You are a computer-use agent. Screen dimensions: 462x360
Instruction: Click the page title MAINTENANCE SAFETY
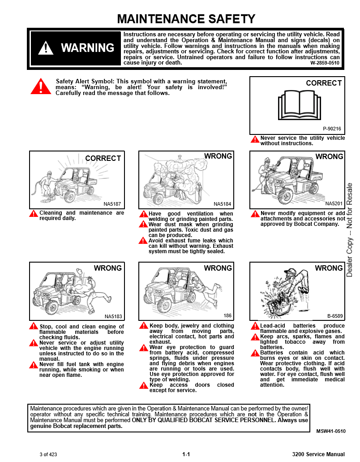pos(186,19)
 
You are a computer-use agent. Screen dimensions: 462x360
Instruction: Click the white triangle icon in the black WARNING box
pos(46,48)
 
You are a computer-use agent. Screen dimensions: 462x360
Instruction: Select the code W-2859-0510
pos(325,63)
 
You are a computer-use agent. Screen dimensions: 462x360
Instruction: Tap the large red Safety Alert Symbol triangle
pos(41,86)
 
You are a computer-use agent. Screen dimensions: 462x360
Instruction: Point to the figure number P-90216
pos(332,129)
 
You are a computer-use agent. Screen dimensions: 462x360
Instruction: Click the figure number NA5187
pos(112,204)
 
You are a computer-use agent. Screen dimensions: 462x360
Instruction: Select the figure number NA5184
pos(223,204)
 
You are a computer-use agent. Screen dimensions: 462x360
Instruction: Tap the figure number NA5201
pos(334,204)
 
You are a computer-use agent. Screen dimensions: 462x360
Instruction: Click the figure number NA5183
pos(113,316)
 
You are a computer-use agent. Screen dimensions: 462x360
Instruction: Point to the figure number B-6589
pos(334,316)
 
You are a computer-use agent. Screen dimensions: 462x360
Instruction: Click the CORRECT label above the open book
pos(324,83)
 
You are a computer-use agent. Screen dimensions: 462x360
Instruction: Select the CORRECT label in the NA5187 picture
pos(103,158)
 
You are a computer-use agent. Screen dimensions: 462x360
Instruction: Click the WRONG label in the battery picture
pos(329,268)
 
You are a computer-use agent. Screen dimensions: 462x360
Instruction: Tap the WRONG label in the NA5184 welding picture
pos(218,156)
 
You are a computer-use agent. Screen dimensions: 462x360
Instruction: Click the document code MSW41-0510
pos(331,431)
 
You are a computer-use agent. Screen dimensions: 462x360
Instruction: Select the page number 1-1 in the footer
pos(186,454)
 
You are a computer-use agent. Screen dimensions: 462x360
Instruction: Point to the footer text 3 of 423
pos(48,454)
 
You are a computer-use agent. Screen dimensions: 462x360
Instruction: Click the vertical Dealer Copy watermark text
pos(349,229)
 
